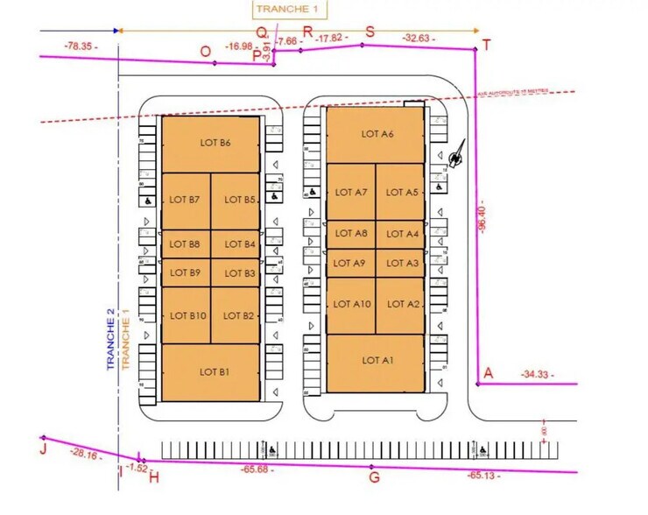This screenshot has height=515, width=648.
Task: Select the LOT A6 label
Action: click(x=377, y=134)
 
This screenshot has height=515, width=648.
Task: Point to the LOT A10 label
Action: click(x=353, y=304)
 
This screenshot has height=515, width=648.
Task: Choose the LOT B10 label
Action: click(x=187, y=315)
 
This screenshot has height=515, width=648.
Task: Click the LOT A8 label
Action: click(x=351, y=234)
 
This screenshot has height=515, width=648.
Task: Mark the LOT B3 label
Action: click(x=238, y=273)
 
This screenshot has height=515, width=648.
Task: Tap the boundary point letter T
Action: click(x=487, y=45)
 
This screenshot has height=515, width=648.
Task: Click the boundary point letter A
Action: click(x=489, y=373)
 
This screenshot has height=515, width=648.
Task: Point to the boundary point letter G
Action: click(x=374, y=477)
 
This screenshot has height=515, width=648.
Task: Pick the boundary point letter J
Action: click(x=42, y=450)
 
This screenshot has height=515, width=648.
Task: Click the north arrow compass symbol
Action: click(x=455, y=154)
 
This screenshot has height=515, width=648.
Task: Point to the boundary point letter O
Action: click(x=205, y=52)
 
